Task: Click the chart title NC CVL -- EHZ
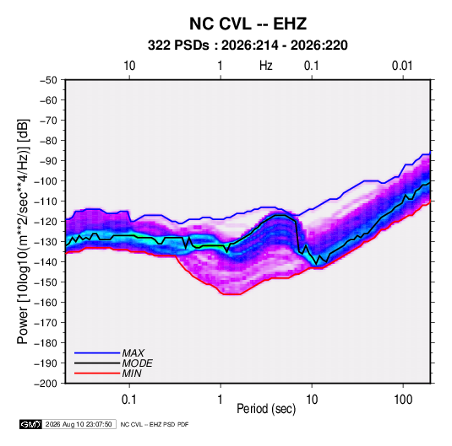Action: pos(248,24)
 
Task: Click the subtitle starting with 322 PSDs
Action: pos(248,46)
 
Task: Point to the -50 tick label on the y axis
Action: pos(48,80)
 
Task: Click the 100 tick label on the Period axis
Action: pos(403,400)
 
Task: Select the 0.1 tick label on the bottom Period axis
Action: pos(129,400)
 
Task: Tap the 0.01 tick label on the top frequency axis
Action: pos(402,66)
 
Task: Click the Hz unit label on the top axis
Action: pos(266,66)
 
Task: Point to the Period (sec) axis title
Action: pos(266,409)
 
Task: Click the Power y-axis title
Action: pos(23,232)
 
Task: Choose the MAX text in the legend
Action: pos(133,353)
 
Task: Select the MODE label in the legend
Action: pos(137,363)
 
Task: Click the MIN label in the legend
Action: pos(132,373)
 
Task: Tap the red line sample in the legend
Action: pos(97,373)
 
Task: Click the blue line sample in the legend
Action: pos(97,353)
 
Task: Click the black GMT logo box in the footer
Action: pos(31,424)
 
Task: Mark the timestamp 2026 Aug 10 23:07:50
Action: pos(79,424)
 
